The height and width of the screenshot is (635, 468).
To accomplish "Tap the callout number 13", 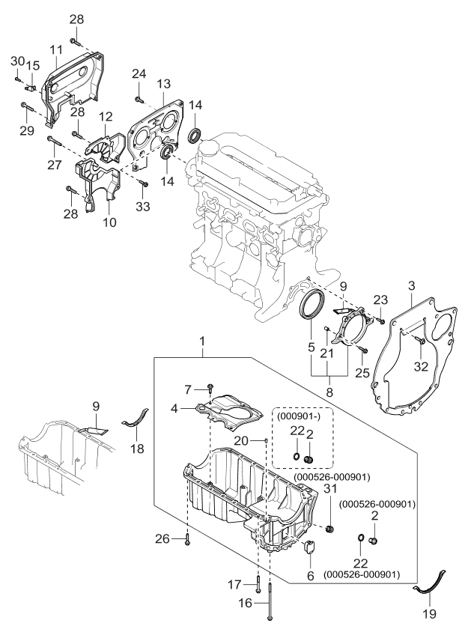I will coord(164,82).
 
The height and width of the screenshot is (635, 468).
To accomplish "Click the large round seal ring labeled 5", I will coord(311,307).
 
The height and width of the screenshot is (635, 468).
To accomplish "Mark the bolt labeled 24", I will coord(139,97).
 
